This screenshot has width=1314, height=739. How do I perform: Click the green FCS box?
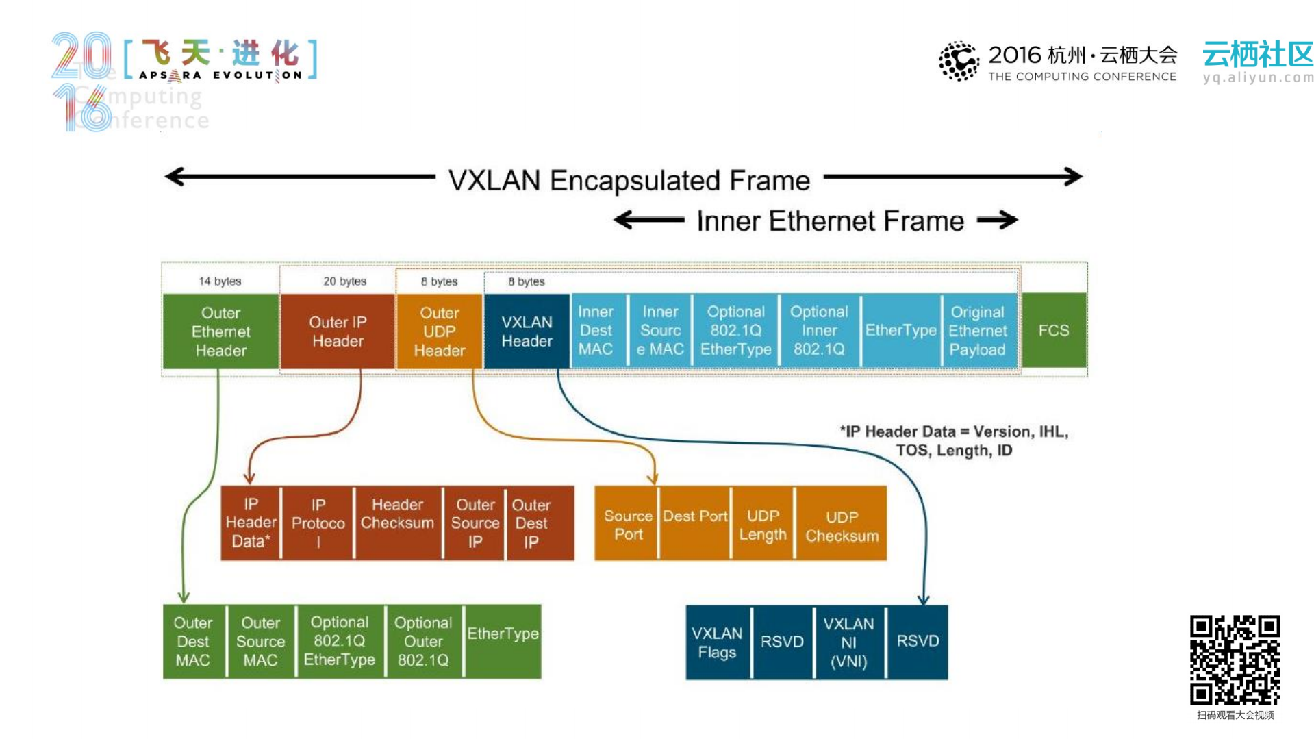(x=1053, y=331)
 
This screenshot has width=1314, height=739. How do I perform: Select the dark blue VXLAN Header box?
(x=527, y=331)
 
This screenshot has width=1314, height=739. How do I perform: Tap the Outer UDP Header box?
(x=439, y=331)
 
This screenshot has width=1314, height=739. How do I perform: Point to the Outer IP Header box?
(x=338, y=331)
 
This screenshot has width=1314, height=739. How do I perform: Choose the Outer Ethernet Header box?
(x=220, y=331)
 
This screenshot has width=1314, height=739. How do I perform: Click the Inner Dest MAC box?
(x=596, y=331)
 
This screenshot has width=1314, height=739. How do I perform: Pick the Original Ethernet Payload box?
(x=977, y=331)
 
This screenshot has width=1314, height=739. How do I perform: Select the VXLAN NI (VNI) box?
(x=848, y=642)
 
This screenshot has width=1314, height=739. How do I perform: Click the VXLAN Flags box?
(x=717, y=642)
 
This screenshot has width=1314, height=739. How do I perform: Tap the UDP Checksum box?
(x=842, y=524)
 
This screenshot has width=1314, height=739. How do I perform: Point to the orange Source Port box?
(x=628, y=524)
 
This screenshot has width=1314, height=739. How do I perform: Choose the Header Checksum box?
(x=397, y=523)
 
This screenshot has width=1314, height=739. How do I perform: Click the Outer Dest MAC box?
(x=193, y=642)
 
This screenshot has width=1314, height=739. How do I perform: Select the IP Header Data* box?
(x=251, y=523)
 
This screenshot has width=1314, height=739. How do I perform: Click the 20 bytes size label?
(x=344, y=281)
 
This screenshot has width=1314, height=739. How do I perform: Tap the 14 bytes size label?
(x=220, y=281)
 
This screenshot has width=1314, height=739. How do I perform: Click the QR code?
(x=1235, y=660)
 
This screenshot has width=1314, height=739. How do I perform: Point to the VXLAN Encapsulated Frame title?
(x=629, y=181)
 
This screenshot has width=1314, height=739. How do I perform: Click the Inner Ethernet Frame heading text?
(x=830, y=221)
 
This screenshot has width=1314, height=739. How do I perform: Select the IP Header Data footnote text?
(x=954, y=441)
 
